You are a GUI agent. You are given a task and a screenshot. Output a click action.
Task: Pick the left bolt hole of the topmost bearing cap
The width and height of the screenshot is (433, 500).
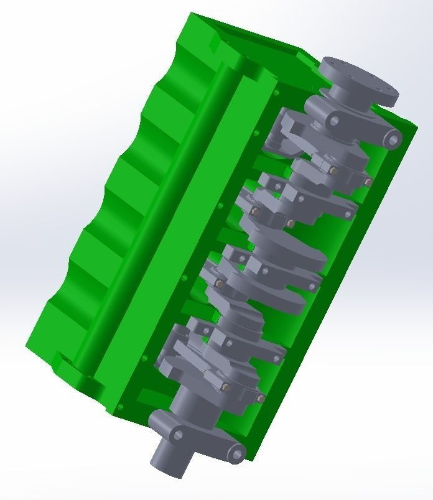[x=333, y=121]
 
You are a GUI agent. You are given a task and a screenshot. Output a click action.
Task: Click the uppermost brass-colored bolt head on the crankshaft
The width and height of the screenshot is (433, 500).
[x=333, y=169]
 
